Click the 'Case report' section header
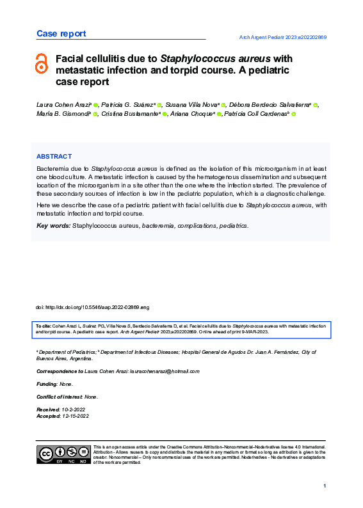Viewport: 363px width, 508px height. coord(61,33)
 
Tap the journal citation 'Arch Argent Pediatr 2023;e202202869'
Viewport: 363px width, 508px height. coord(283,38)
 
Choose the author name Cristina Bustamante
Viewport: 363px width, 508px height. coord(130,114)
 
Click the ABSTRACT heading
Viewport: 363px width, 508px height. coord(54,156)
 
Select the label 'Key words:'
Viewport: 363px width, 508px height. coord(53,226)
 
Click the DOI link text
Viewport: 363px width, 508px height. coord(92,307)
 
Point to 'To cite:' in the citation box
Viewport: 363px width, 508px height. coord(44,326)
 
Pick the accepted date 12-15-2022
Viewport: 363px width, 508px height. coord(76,416)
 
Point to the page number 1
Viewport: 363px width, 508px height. coord(325,487)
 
